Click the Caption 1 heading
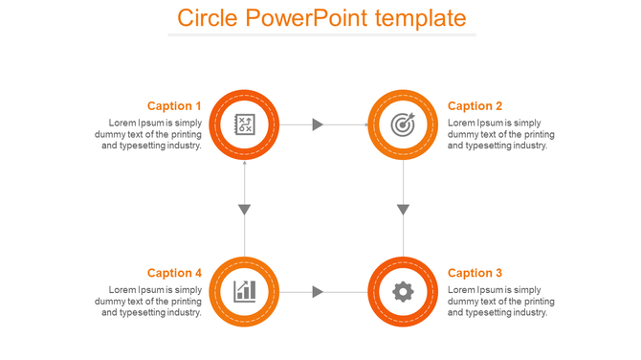coord(174,106)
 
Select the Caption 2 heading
coord(475,106)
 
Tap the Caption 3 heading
coord(475,273)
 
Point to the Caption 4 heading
coord(174,273)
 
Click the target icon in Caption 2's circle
coord(404,124)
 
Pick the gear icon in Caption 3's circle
coord(404,291)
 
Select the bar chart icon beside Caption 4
coord(245,291)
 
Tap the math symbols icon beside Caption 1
coord(245,124)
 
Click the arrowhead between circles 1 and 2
coord(319,124)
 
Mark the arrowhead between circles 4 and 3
coord(319,291)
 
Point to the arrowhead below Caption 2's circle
coord(404,209)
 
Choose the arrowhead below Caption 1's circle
coord(245,209)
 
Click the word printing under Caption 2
coord(538,135)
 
